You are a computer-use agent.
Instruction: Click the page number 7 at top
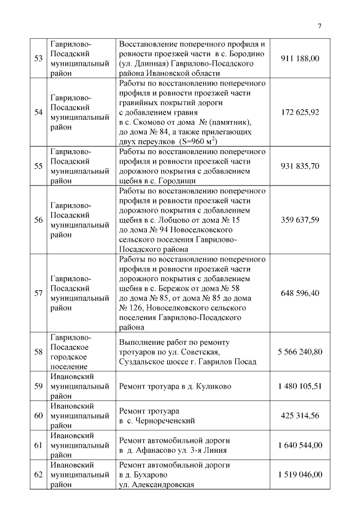pyautogui.click(x=319, y=26)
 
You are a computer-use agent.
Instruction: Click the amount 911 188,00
pyautogui.click(x=300, y=58)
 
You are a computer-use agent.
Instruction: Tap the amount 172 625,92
pyautogui.click(x=300, y=112)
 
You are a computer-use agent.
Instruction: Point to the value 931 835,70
pyautogui.click(x=300, y=166)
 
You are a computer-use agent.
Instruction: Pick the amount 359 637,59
pyautogui.click(x=300, y=220)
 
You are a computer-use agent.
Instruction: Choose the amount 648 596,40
pyautogui.click(x=300, y=293)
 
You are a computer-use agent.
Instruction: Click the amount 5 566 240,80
pyautogui.click(x=300, y=352)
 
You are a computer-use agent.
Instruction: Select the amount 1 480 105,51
pyautogui.click(x=300, y=386)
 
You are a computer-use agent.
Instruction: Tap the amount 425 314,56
pyautogui.click(x=300, y=416)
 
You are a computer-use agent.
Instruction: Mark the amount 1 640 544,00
pyautogui.click(x=300, y=445)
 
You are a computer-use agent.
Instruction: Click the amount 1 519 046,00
pyautogui.click(x=300, y=474)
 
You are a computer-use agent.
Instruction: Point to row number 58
pyautogui.click(x=38, y=352)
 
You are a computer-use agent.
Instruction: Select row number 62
pyautogui.click(x=38, y=474)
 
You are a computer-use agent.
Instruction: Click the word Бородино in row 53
pyautogui.click(x=248, y=53)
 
